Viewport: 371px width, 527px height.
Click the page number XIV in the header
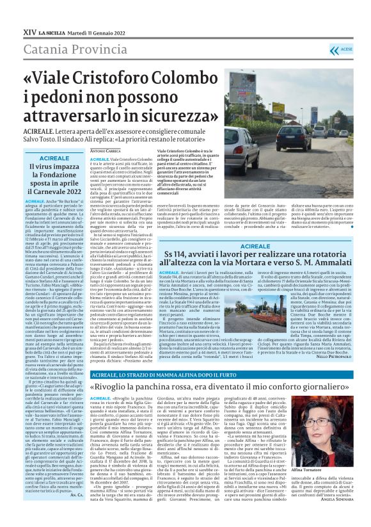(29, 31)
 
